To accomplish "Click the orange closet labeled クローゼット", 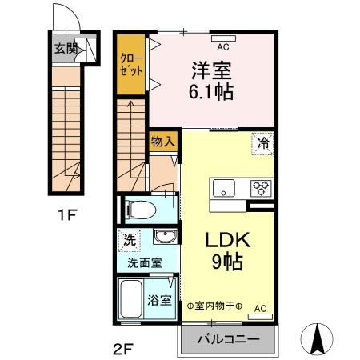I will pos(131,65).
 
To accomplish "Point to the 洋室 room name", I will pos(212,68).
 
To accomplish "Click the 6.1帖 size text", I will pos(212,91).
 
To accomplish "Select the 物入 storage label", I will pos(163,141).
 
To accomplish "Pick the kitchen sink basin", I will pos(222,189).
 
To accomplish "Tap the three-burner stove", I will pos(260,189).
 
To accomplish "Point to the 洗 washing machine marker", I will pos(129,239).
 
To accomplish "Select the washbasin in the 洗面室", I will pos(166,238).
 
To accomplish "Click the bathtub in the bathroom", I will pos(130,302).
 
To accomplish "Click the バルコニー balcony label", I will pos(227,339).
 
